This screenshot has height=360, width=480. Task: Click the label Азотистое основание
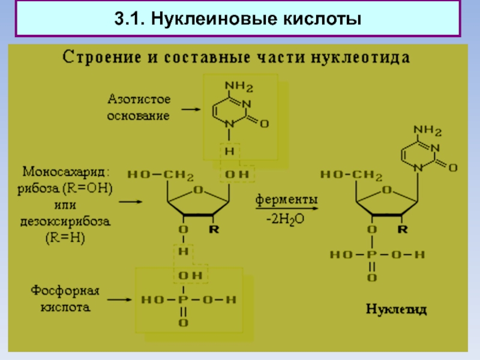pyautogui.click(x=139, y=106)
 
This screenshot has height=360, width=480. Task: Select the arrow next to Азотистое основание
pyautogui.click(x=193, y=110)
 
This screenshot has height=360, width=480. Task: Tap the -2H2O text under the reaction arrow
pyautogui.click(x=285, y=220)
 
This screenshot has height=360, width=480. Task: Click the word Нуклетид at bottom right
pyautogui.click(x=397, y=310)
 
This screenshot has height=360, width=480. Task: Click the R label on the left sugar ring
pyautogui.click(x=213, y=229)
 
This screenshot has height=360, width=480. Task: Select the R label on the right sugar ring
pyautogui.click(x=403, y=229)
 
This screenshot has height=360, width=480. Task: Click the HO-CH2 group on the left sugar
pyautogui.click(x=160, y=175)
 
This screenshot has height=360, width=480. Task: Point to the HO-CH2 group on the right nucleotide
pyautogui.click(x=351, y=175)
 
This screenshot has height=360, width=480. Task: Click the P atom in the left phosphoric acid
pyautogui.click(x=182, y=298)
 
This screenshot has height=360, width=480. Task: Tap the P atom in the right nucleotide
pyautogui.click(x=372, y=254)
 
